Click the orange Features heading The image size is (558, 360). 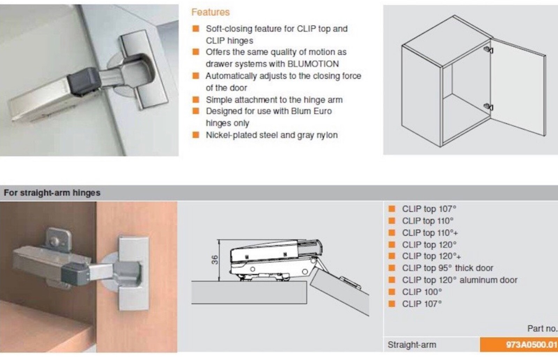[210, 12]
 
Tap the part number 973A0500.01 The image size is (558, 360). [531, 345]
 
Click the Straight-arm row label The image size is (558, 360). [412, 345]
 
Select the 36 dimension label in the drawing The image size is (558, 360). [215, 260]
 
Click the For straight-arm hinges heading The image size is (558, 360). [52, 193]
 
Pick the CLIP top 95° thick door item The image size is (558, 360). [447, 268]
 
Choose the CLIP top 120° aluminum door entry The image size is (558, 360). [459, 280]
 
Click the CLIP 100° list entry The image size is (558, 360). [422, 292]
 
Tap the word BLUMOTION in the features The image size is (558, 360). [313, 64]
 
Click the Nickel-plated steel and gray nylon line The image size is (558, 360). [271, 135]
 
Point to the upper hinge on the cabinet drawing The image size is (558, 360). [489, 50]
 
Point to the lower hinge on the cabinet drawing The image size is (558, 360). [489, 107]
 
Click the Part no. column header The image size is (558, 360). [542, 328]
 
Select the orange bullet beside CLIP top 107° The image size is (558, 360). [392, 209]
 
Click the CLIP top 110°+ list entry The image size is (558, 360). [430, 232]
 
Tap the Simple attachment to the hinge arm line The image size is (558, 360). [274, 100]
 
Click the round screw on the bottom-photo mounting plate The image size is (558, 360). [54, 241]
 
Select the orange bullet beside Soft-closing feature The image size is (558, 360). [196, 29]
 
